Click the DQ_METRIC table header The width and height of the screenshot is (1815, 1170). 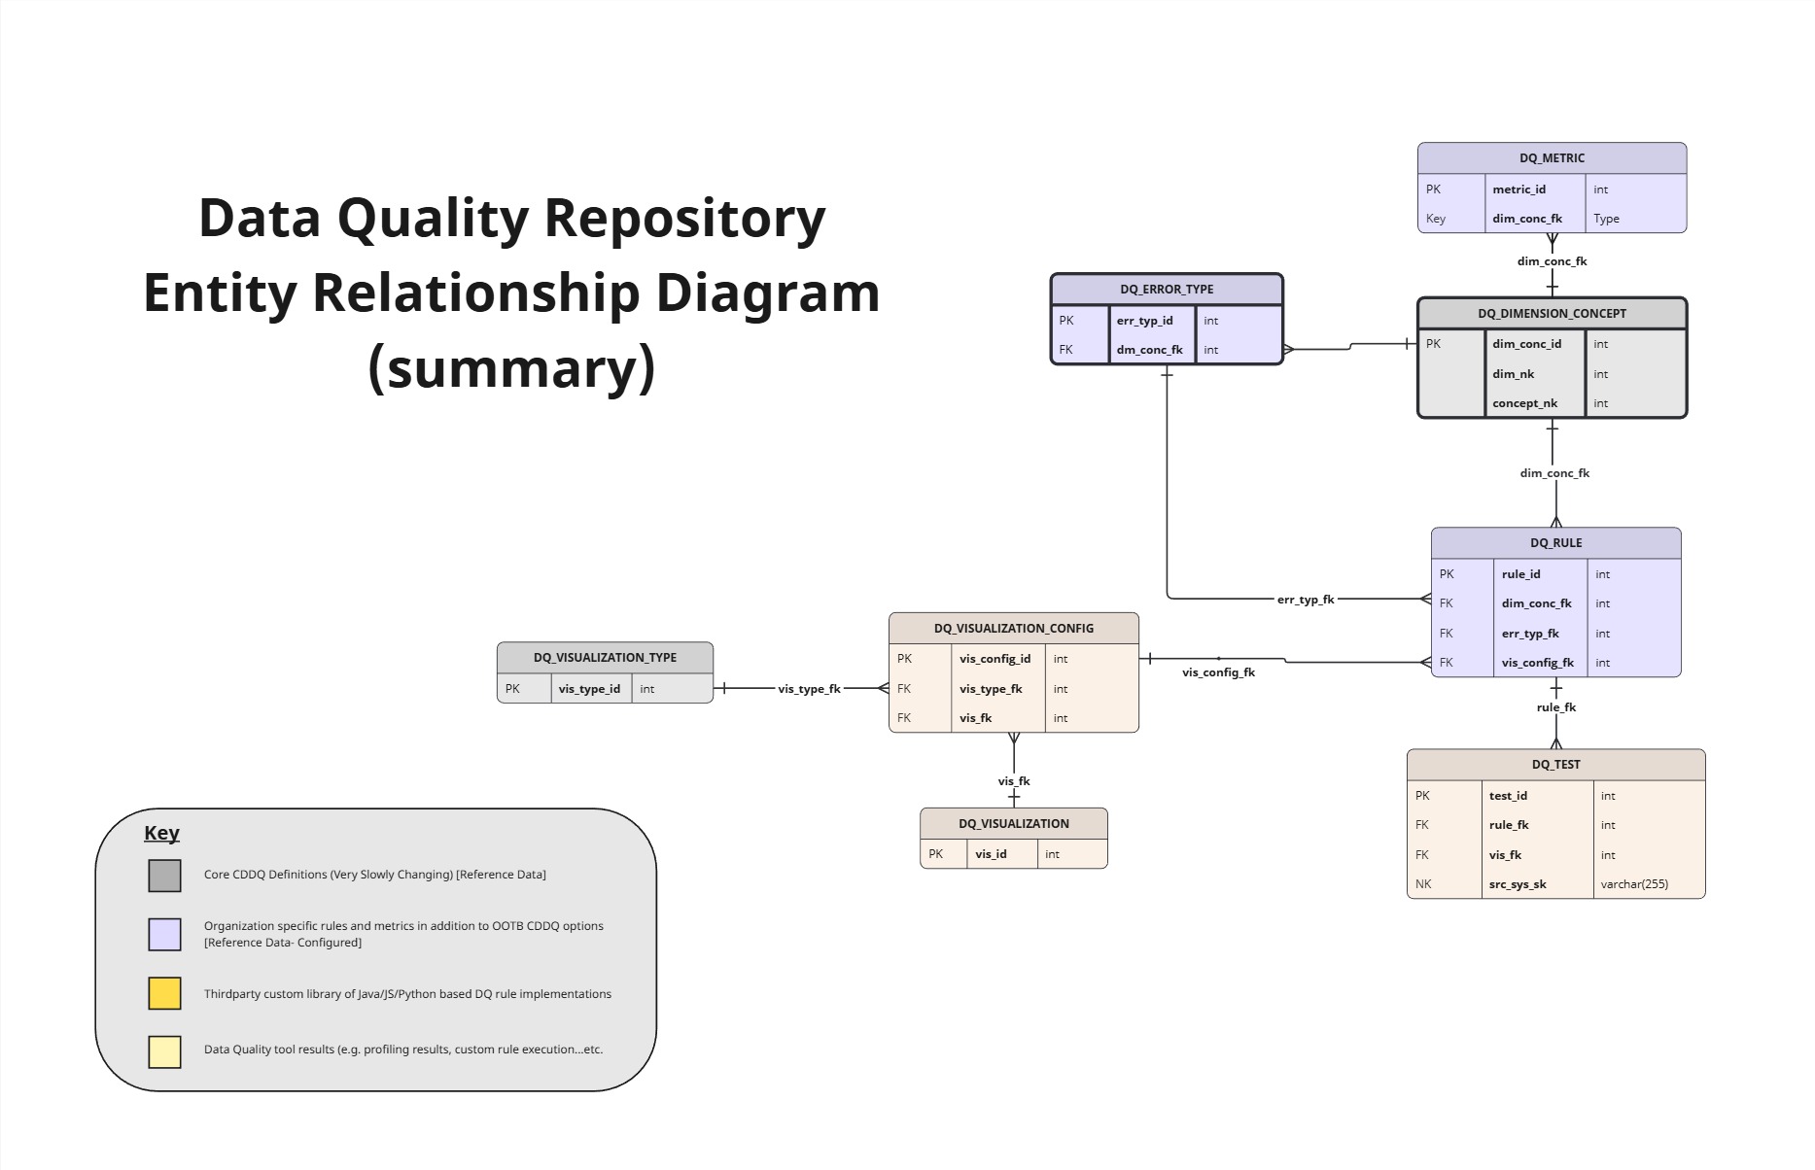(1552, 158)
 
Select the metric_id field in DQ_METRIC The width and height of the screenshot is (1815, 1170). (1518, 189)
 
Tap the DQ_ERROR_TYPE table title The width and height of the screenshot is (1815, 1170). (1167, 290)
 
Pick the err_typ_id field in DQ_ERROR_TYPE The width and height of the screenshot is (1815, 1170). (1144, 321)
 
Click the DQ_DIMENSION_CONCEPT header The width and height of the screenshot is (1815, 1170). (1552, 314)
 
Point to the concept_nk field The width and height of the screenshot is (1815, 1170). (1524, 403)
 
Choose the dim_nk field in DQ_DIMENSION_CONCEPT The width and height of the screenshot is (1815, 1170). (1513, 374)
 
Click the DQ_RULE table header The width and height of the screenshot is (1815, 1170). (1555, 543)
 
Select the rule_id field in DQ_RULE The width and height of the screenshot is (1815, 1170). (1520, 574)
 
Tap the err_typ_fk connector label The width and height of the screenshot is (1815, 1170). (1306, 600)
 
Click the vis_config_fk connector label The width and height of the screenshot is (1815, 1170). (1218, 672)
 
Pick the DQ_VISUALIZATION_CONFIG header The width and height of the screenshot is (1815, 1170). (1013, 629)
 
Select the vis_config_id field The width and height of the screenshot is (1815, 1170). (995, 659)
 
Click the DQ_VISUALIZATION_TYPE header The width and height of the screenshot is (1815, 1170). (605, 658)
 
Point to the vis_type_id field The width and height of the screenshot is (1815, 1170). (589, 689)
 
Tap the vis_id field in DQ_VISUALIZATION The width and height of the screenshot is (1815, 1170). (991, 854)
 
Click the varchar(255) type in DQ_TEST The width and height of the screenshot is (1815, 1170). (1634, 884)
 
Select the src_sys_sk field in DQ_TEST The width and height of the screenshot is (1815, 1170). (1517, 884)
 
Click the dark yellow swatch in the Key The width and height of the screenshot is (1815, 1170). (164, 993)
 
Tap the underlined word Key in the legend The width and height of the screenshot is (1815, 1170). (161, 833)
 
